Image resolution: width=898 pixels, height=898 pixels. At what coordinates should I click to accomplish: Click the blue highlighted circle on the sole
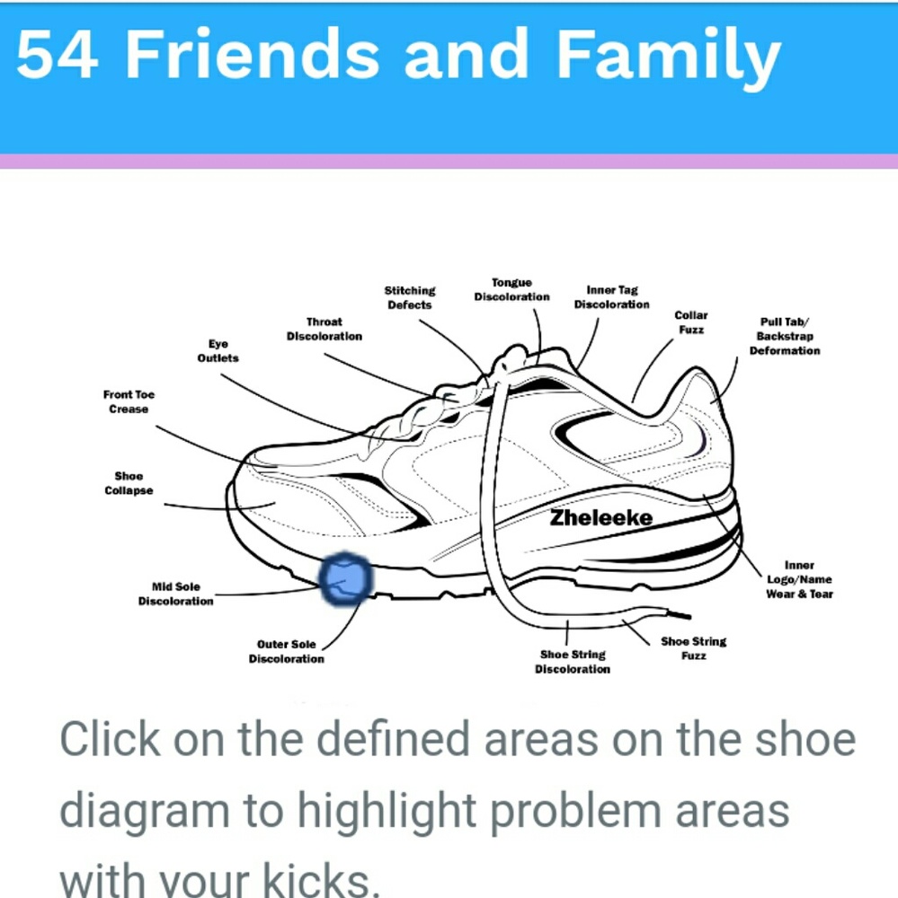(345, 579)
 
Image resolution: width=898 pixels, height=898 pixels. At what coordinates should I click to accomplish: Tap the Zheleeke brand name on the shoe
(601, 518)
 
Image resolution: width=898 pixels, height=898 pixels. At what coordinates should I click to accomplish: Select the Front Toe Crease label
(129, 401)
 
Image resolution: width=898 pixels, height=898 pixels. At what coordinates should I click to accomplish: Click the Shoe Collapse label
(129, 483)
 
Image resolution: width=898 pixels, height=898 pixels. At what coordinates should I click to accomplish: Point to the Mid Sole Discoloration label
(175, 594)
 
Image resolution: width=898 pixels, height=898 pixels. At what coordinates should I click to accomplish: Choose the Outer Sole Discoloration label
(286, 652)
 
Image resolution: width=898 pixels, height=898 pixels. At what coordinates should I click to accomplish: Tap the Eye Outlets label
(218, 351)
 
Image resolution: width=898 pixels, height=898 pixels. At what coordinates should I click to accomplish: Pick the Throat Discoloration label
(324, 330)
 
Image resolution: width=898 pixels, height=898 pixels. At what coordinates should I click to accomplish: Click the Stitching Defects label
(409, 298)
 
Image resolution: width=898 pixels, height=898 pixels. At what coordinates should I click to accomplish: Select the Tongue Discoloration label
(511, 290)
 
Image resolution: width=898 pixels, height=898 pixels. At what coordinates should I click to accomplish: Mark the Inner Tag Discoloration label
(612, 297)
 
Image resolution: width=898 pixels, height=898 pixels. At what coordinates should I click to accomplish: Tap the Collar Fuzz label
(691, 322)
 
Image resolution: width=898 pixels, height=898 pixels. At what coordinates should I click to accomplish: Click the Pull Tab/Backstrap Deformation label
(785, 336)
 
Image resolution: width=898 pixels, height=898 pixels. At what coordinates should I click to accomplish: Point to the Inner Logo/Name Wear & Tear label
(799, 579)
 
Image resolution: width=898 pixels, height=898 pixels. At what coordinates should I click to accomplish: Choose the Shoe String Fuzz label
(693, 648)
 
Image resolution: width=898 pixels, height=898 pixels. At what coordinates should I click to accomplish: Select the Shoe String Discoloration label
(573, 662)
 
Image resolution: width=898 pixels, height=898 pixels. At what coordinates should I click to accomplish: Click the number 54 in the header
(57, 54)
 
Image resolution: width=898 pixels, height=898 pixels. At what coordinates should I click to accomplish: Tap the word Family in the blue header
(669, 57)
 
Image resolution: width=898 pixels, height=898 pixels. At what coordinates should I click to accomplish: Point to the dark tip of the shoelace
(679, 615)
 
